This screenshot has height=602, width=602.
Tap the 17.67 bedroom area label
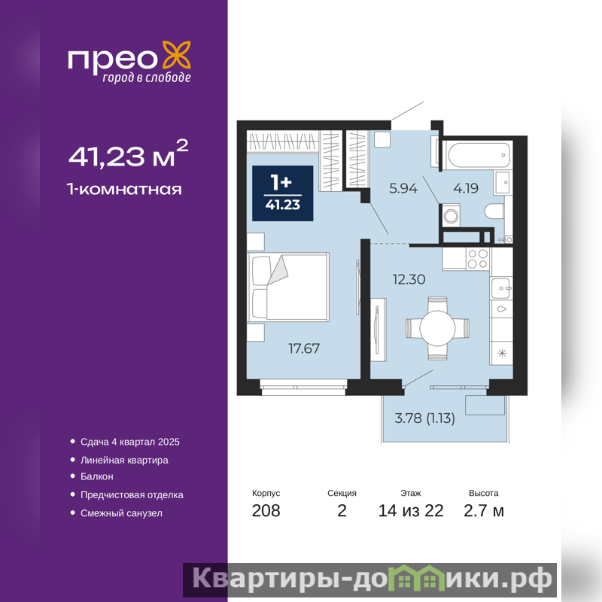[x=304, y=348]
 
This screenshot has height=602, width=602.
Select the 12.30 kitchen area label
[x=409, y=279]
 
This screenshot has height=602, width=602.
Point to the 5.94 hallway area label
[x=403, y=188]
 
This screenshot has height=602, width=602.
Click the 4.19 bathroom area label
[x=466, y=188]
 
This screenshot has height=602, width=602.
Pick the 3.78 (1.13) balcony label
[x=424, y=418]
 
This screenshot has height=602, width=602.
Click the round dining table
[x=437, y=328]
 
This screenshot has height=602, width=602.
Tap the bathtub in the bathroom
[x=479, y=155]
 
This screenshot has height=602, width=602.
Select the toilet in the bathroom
[x=494, y=211]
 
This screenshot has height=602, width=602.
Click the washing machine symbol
[x=451, y=216]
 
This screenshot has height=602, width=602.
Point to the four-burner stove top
[x=478, y=259]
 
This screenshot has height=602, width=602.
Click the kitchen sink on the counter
[x=501, y=288]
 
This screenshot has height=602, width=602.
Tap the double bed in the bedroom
[x=288, y=287]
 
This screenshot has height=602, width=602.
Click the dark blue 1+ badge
[x=283, y=193]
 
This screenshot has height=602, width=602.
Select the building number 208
[x=266, y=511]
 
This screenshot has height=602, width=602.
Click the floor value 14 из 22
[x=411, y=511]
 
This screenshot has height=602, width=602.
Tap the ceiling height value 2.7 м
[x=484, y=511]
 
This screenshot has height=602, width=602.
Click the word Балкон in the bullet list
[x=97, y=476]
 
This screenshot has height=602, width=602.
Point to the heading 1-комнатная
[x=124, y=190]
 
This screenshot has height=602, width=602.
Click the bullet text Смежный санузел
[x=121, y=513]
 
